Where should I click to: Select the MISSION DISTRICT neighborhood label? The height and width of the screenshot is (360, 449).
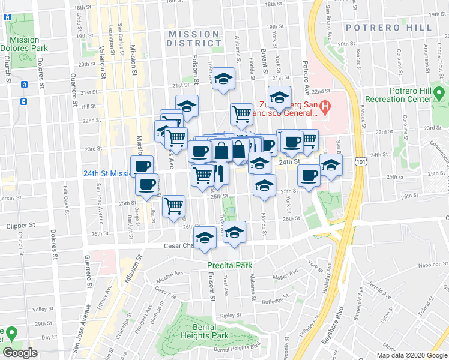194,38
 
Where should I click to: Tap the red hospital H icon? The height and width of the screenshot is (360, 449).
325,108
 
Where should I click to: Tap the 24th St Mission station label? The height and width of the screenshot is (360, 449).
106,173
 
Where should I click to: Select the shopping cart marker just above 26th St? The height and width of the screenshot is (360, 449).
173,205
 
